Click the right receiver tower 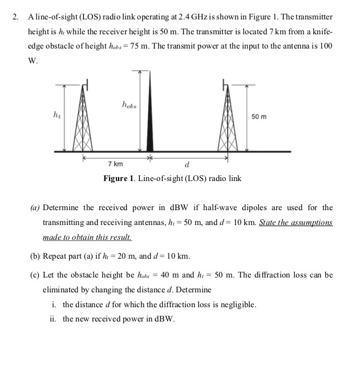(x=228, y=123)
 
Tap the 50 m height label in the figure (x=258, y=116)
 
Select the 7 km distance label (x=115, y=164)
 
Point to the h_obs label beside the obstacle (x=128, y=104)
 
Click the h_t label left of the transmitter (x=55, y=116)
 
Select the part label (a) (x=35, y=207)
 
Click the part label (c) (x=35, y=275)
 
